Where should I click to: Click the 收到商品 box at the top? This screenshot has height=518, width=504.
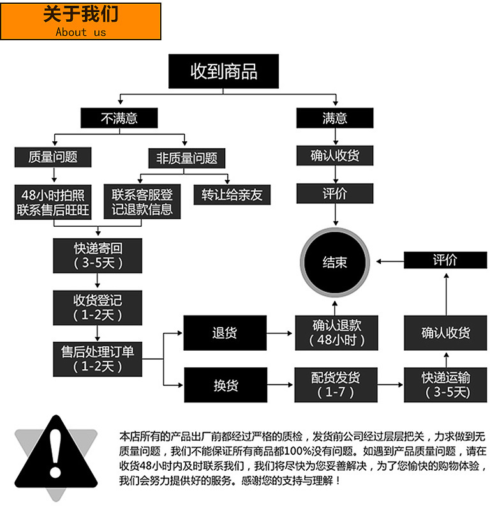point(223,71)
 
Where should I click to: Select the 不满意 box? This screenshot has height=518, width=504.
point(119,118)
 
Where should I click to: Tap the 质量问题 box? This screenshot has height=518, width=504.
point(54,156)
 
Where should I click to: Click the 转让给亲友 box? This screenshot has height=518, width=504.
point(232,195)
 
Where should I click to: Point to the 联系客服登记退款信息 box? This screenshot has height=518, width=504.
point(142,202)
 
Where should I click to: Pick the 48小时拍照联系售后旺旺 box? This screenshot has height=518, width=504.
point(54,202)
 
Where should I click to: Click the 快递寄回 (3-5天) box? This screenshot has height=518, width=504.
point(98,255)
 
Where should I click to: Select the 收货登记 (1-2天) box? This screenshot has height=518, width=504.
point(98,307)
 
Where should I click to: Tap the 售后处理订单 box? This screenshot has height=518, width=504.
point(98,358)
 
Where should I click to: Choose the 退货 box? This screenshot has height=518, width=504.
point(224,333)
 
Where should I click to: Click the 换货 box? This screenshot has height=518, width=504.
point(224,385)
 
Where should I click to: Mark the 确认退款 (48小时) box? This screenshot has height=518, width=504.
point(336,333)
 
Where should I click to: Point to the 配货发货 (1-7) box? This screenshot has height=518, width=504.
point(336,385)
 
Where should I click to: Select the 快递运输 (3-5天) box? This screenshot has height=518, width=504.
point(446,385)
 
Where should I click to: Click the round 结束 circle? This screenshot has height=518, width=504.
point(335,261)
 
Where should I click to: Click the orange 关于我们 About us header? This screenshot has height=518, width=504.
point(80,22)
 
